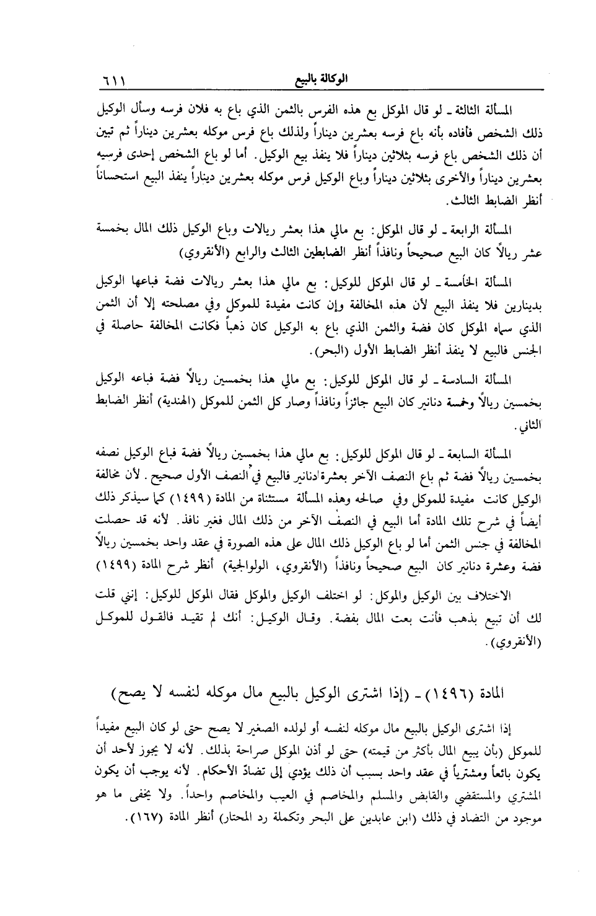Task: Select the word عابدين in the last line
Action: [x=356, y=819]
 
